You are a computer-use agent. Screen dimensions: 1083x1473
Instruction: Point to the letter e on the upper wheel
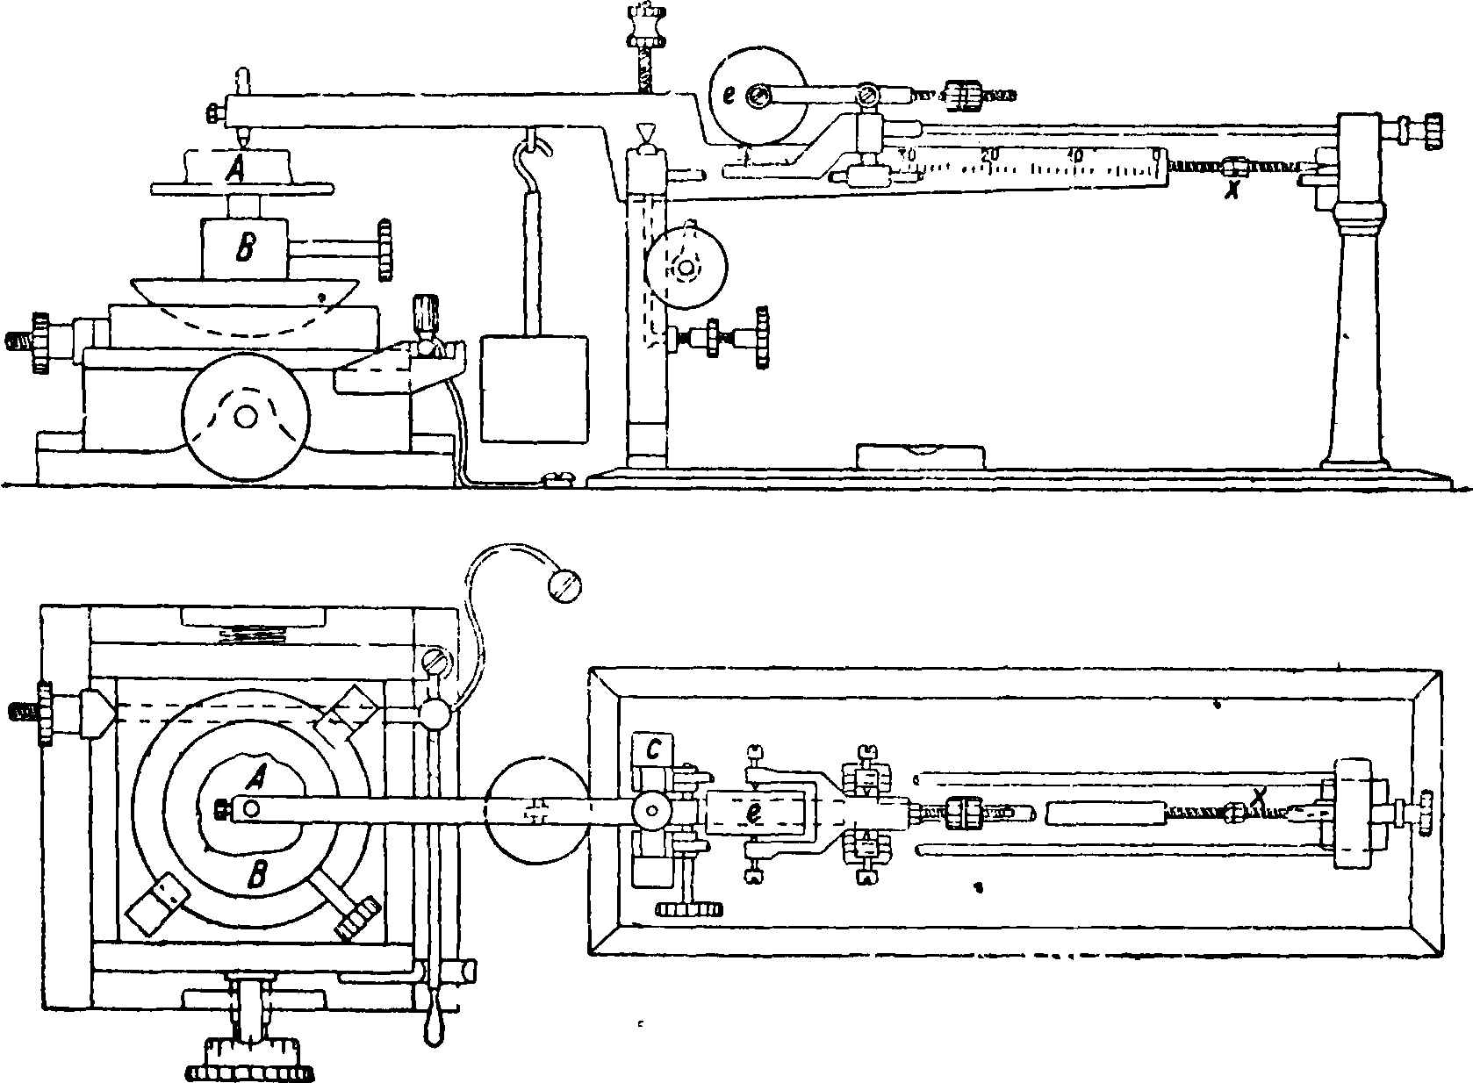click(728, 96)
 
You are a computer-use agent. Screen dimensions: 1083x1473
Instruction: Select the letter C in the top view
click(653, 749)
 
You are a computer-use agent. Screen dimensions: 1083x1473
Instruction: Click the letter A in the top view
click(257, 774)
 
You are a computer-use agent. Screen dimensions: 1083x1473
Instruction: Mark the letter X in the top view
click(1261, 796)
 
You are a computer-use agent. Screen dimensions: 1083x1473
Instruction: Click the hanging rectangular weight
click(535, 390)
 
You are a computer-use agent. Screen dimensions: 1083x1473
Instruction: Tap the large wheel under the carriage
click(245, 416)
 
